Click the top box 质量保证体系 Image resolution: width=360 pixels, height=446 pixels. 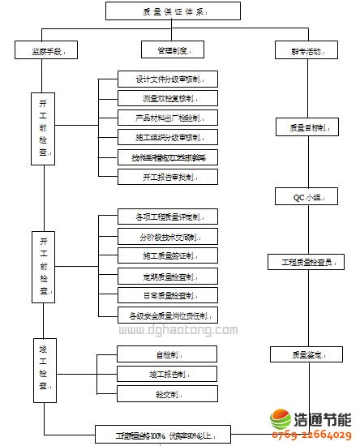pos(173,11)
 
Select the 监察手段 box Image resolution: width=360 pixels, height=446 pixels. pos(46,50)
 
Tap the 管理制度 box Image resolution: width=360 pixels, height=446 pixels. pos(172,50)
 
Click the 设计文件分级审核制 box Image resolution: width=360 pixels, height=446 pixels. pos(168,79)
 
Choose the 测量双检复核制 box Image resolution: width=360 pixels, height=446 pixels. pos(168,99)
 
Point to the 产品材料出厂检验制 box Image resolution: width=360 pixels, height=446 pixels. pos(168,118)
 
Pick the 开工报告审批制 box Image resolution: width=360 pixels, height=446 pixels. pos(168,176)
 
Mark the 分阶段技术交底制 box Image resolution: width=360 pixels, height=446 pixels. pos(168,236)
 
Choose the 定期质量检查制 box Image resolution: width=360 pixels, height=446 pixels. pos(168,275)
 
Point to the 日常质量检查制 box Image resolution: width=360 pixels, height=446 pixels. pos(168,294)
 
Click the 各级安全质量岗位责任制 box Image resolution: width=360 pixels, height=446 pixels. pos(168,315)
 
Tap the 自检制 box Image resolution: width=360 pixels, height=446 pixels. pos(168,354)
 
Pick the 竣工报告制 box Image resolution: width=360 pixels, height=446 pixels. pos(168,374)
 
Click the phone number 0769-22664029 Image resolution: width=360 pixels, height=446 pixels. pos(311,435)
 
